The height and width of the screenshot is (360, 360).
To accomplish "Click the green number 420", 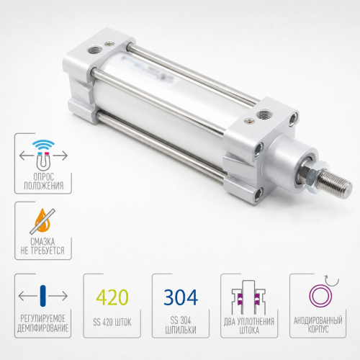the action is coord(112,297).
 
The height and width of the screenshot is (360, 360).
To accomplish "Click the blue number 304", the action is coord(181,297).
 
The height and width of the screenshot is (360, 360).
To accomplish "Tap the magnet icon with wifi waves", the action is coord(43,154).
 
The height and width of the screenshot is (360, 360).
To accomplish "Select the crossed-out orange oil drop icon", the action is coord(42,221).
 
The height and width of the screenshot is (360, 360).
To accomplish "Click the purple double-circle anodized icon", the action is coord(323,294).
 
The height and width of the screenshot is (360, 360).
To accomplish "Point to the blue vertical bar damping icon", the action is coord(43,296).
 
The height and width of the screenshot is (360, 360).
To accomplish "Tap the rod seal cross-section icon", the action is coord(249,297).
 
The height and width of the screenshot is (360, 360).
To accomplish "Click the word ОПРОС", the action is coord(43,177).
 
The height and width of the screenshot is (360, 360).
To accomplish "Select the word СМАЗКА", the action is coord(42,242).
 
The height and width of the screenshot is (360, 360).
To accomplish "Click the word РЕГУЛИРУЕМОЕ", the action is coord(43,319).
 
